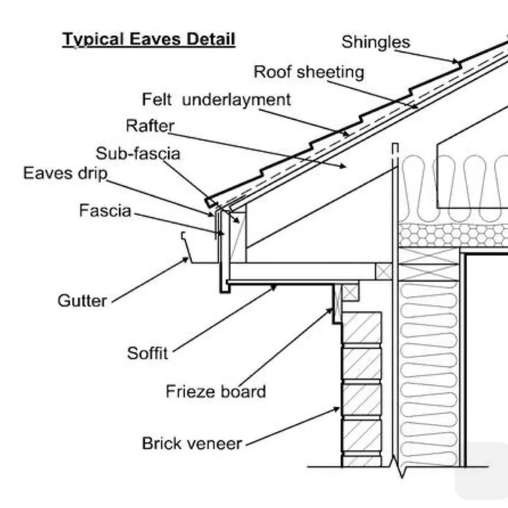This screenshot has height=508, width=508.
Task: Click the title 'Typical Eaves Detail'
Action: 149,39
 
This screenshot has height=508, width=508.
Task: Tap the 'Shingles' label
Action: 375,42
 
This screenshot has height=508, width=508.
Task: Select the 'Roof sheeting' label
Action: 309,72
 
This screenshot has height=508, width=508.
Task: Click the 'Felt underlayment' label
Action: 216,99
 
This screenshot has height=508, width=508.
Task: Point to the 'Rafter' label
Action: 150,125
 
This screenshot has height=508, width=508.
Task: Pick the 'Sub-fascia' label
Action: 138,153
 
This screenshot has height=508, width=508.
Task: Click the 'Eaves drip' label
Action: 66,173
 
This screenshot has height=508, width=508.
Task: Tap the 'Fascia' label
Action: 105,210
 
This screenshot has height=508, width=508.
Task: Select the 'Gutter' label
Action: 82,301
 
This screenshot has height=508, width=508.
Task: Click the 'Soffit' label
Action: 147,353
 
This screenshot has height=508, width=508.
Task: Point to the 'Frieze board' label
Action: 216,392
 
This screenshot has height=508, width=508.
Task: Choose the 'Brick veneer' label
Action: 192,443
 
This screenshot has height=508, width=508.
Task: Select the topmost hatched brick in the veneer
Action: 362,328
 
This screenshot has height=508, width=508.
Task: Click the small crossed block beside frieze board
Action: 350,292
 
